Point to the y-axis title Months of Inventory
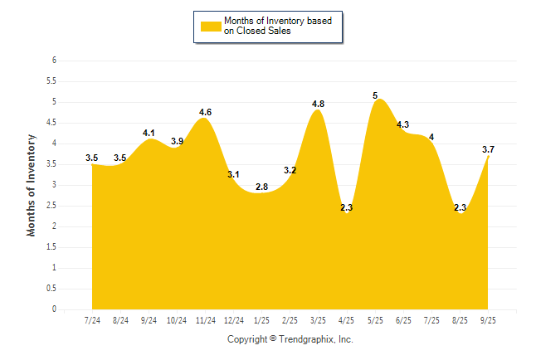pyautogui.click(x=32, y=185)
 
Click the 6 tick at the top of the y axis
pyautogui.click(x=54, y=61)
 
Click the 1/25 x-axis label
pyautogui.click(x=261, y=320)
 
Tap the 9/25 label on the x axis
pyautogui.click(x=489, y=320)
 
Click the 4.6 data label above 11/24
pyautogui.click(x=206, y=112)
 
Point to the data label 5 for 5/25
pyautogui.click(x=376, y=95)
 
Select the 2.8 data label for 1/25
pyautogui.click(x=261, y=187)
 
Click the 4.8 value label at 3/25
pyautogui.click(x=318, y=104)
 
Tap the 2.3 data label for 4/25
pyautogui.click(x=347, y=207)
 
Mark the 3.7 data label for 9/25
pyautogui.click(x=490, y=149)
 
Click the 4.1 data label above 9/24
pyautogui.click(x=149, y=133)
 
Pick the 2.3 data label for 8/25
pyautogui.click(x=460, y=207)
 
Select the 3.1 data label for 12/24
pyautogui.click(x=234, y=174)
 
